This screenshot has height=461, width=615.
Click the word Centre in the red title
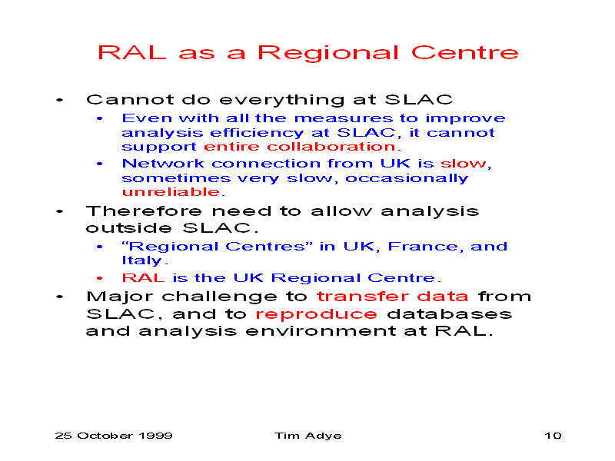(x=465, y=52)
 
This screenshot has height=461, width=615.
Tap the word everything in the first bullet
(x=282, y=101)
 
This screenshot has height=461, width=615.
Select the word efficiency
(x=257, y=133)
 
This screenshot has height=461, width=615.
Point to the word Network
(x=163, y=163)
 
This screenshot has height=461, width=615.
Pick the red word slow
(x=463, y=163)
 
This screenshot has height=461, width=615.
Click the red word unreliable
(x=171, y=191)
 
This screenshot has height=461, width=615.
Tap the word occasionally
(x=407, y=179)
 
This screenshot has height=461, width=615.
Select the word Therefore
(x=144, y=211)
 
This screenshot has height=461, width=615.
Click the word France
(x=422, y=246)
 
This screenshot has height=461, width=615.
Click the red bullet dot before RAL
(x=100, y=278)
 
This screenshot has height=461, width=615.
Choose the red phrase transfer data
(x=392, y=297)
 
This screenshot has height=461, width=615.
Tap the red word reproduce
(x=316, y=314)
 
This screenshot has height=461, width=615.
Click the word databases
(x=450, y=313)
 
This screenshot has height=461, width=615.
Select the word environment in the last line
(x=321, y=331)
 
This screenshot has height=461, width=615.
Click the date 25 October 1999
(x=114, y=436)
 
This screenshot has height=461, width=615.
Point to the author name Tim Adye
(x=308, y=436)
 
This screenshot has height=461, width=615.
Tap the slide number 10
(x=553, y=436)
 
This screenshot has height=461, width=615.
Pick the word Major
(x=120, y=297)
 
